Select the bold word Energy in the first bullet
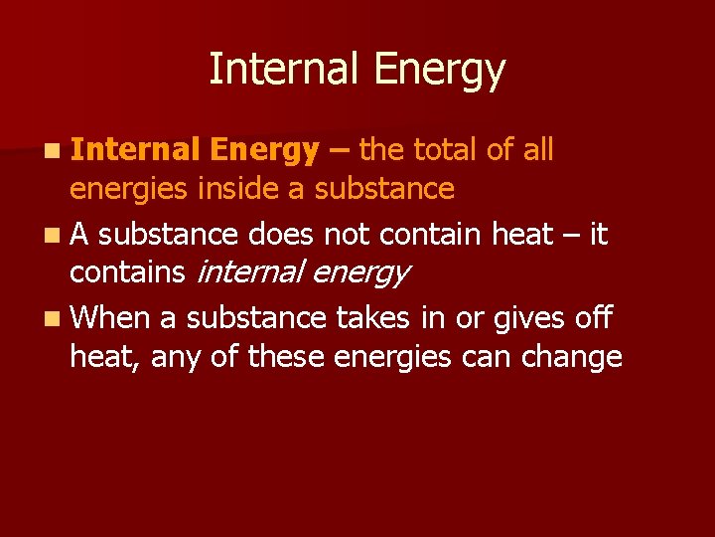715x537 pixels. coord(265,152)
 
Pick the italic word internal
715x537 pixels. coord(262,272)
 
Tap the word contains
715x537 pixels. coord(126,272)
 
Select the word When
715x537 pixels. coord(110,318)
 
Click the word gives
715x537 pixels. coord(517,318)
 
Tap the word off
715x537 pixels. coord(593,318)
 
